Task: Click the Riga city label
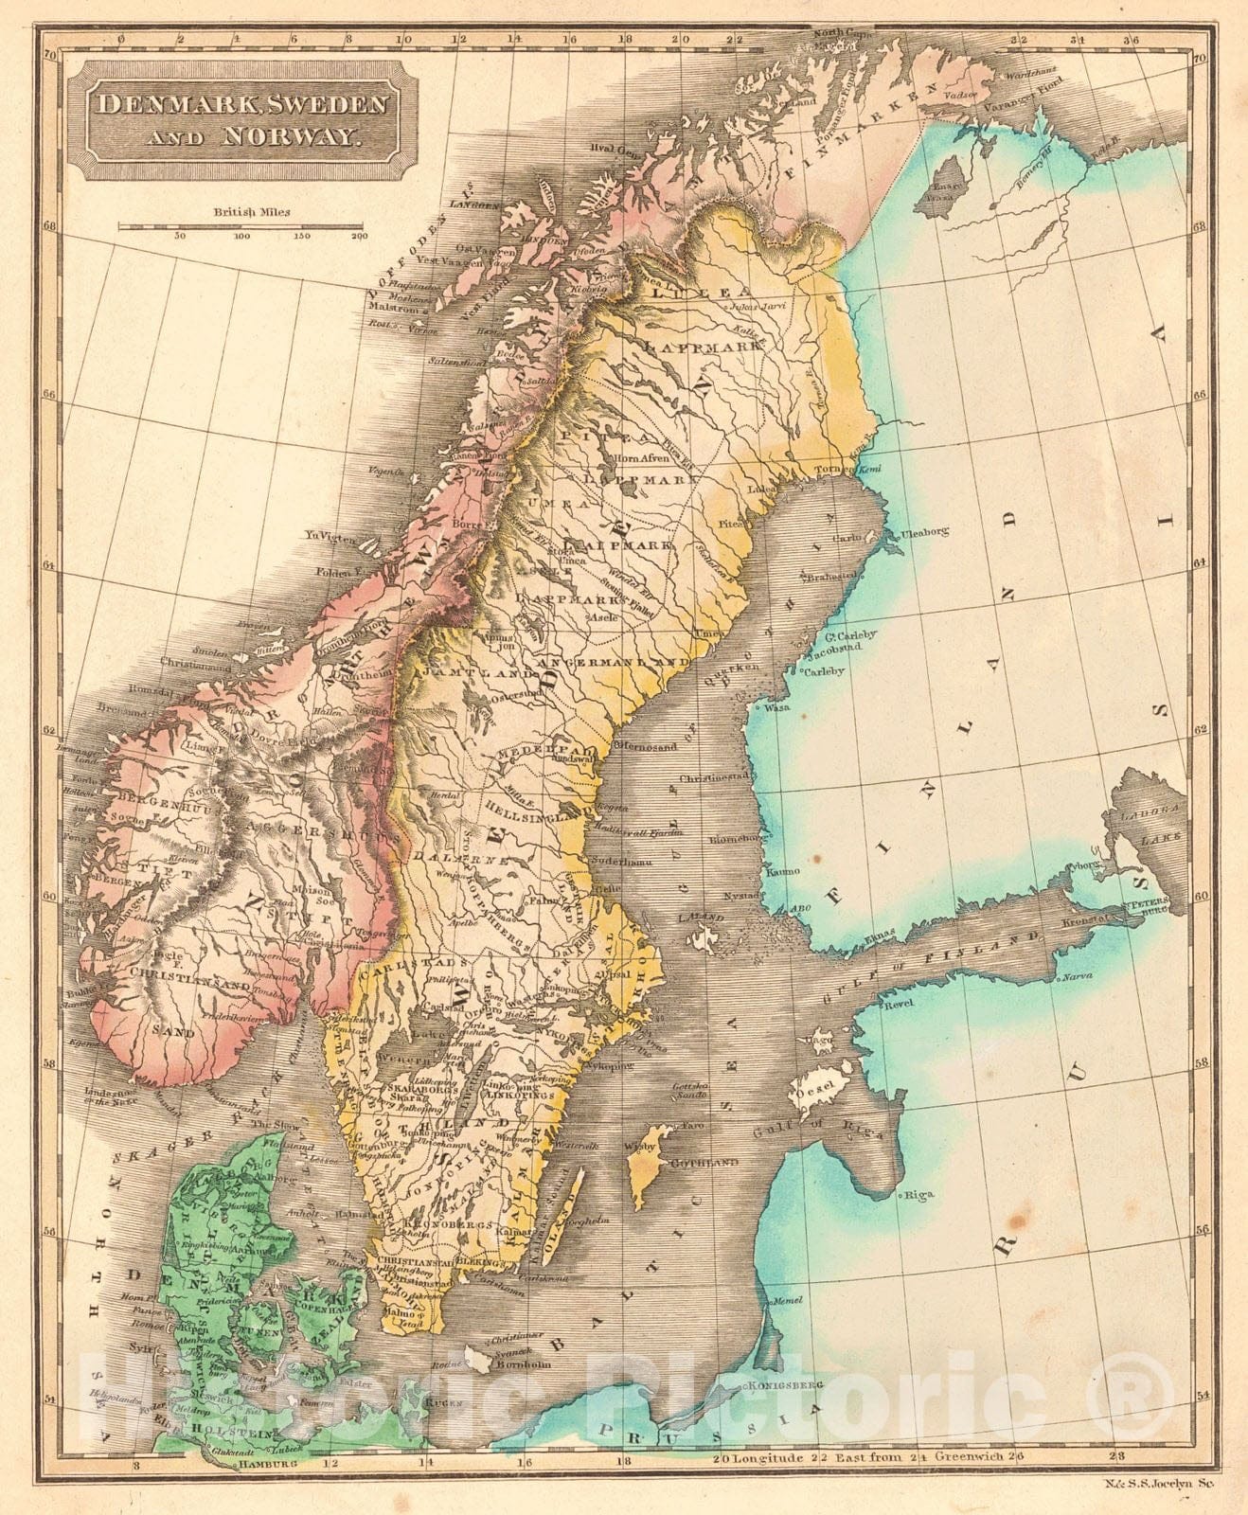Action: (919, 1194)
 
